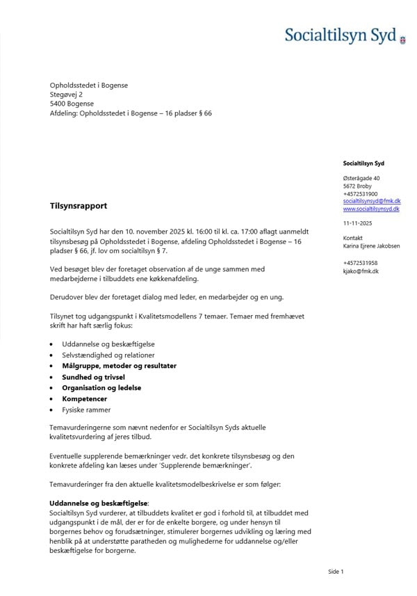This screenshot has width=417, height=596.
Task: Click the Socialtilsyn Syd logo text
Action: coord(340,35)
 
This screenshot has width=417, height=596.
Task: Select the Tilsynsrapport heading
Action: coord(79,206)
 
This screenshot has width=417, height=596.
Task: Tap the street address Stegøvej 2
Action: coord(67,94)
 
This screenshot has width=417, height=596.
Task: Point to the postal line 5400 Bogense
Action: coord(72,104)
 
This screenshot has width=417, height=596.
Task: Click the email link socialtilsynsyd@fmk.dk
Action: coord(372,201)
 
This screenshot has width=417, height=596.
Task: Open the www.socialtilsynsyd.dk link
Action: coord(371,209)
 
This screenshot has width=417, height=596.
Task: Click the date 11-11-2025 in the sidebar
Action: coord(358,223)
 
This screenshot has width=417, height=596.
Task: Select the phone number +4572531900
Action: coord(361,193)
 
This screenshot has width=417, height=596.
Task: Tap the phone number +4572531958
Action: coord(361,263)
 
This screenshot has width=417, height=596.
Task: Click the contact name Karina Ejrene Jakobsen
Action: coord(372,245)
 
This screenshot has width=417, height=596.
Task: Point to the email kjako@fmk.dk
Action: coord(361,271)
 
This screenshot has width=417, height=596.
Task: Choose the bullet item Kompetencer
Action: coord(85,399)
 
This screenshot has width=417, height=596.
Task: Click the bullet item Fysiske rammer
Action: coord(86,410)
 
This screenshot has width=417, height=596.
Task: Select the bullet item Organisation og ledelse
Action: coord(101,388)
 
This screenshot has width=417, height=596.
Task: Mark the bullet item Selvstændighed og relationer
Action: coord(108,355)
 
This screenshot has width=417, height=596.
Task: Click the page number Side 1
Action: coord(336,572)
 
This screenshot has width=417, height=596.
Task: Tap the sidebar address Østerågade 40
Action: coord(361,178)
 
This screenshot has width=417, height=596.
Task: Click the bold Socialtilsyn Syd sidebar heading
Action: coord(363,163)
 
